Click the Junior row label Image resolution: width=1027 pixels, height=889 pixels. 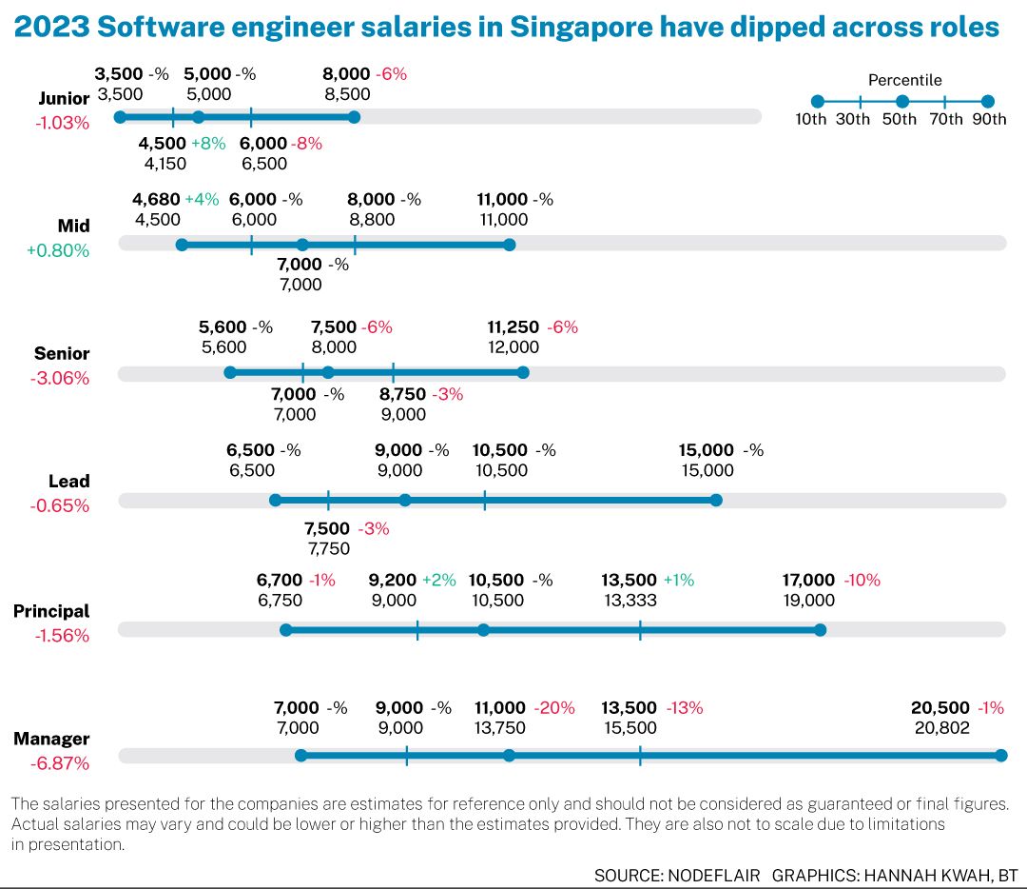(x=64, y=98)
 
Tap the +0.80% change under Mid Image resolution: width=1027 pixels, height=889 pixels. (x=58, y=251)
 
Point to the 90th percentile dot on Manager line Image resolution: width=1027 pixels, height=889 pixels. (x=1000, y=756)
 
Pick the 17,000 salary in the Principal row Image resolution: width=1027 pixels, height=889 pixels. (x=808, y=580)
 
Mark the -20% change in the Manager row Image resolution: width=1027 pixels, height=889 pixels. (x=554, y=708)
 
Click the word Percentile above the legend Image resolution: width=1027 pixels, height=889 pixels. (x=904, y=80)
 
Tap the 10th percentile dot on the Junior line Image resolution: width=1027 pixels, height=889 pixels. (x=120, y=117)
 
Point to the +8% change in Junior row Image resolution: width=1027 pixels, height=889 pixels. (x=208, y=144)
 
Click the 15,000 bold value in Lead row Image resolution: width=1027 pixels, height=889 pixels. (x=707, y=450)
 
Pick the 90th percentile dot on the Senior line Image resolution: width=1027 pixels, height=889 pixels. (x=523, y=372)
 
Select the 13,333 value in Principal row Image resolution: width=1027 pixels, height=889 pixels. (x=630, y=601)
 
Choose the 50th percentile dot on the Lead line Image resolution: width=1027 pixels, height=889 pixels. (x=405, y=501)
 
